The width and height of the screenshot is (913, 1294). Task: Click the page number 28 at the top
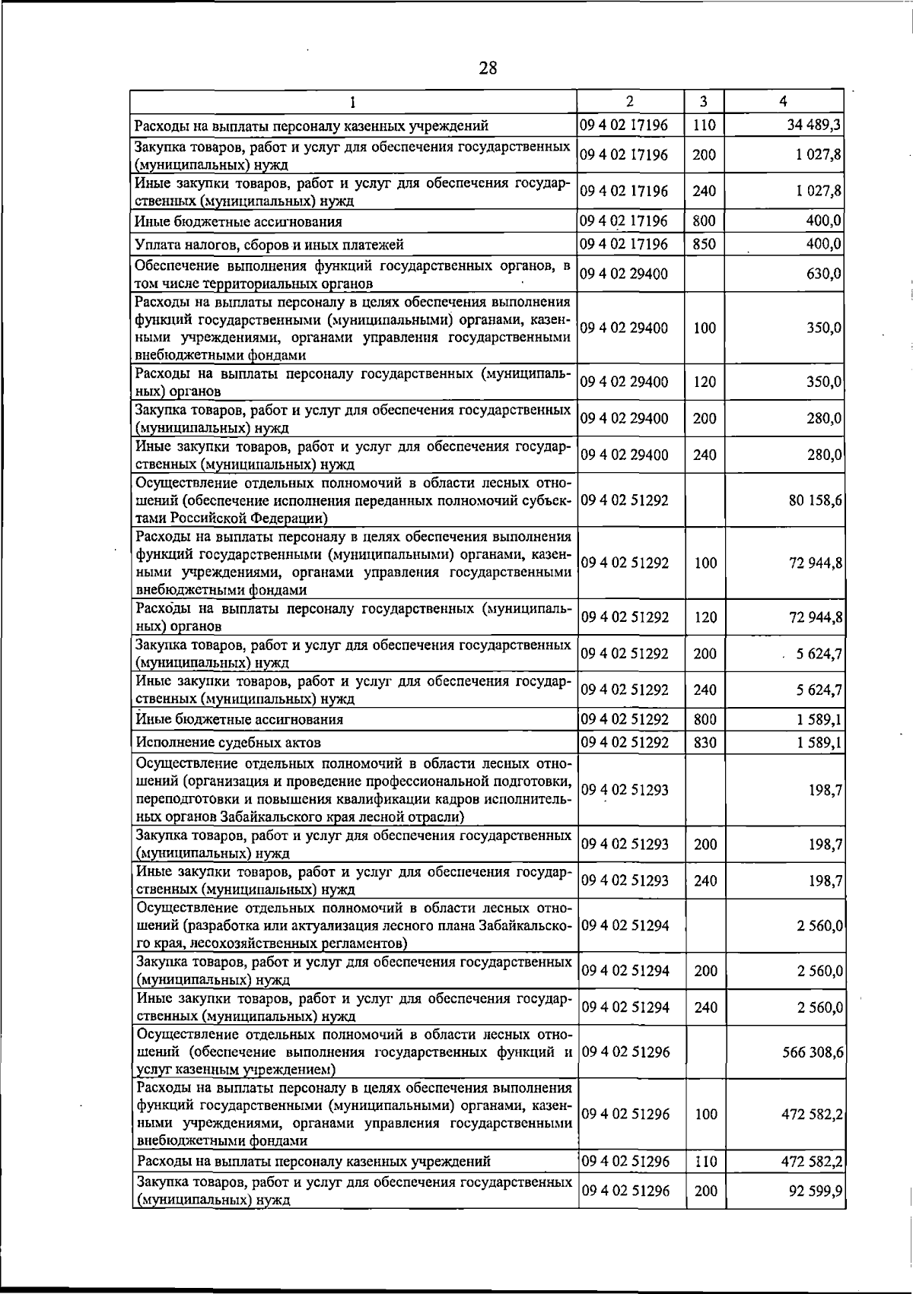coord(488,68)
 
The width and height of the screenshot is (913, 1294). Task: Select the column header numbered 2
coord(629,101)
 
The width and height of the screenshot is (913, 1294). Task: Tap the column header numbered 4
coord(783,101)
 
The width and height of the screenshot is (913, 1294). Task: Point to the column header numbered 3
coord(704,101)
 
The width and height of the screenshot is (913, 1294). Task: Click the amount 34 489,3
coord(814,125)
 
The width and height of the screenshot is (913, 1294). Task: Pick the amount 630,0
coord(823,274)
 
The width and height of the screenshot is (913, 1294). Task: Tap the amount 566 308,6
coord(811,1053)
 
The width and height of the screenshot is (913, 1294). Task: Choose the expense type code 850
coord(704,244)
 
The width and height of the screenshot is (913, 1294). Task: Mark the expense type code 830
coord(705,742)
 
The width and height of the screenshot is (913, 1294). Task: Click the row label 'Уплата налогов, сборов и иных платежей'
coord(269,245)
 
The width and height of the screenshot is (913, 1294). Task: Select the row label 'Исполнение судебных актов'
coord(227,743)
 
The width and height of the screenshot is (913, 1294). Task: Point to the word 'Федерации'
coord(287,519)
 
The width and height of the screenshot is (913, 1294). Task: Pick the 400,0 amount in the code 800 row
coord(823,221)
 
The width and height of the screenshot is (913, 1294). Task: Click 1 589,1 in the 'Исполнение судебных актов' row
coord(819,742)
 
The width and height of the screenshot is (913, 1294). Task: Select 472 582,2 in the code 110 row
coord(811,1183)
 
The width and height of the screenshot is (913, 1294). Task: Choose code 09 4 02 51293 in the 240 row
coord(625,880)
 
